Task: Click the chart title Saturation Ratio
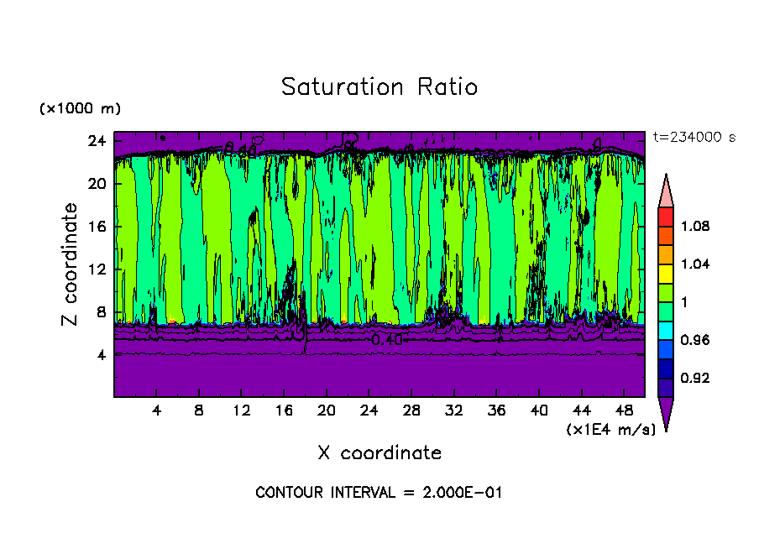(x=379, y=87)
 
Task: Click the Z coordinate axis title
(x=71, y=264)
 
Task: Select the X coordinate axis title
(x=379, y=453)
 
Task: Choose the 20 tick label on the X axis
(x=326, y=411)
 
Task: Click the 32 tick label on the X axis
(x=453, y=411)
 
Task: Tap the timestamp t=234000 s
(x=694, y=138)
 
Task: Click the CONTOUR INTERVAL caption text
(x=379, y=493)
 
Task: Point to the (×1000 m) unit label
(x=80, y=109)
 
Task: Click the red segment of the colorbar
(x=665, y=216)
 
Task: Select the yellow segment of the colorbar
(x=665, y=273)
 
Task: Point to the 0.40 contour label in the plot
(x=387, y=340)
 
